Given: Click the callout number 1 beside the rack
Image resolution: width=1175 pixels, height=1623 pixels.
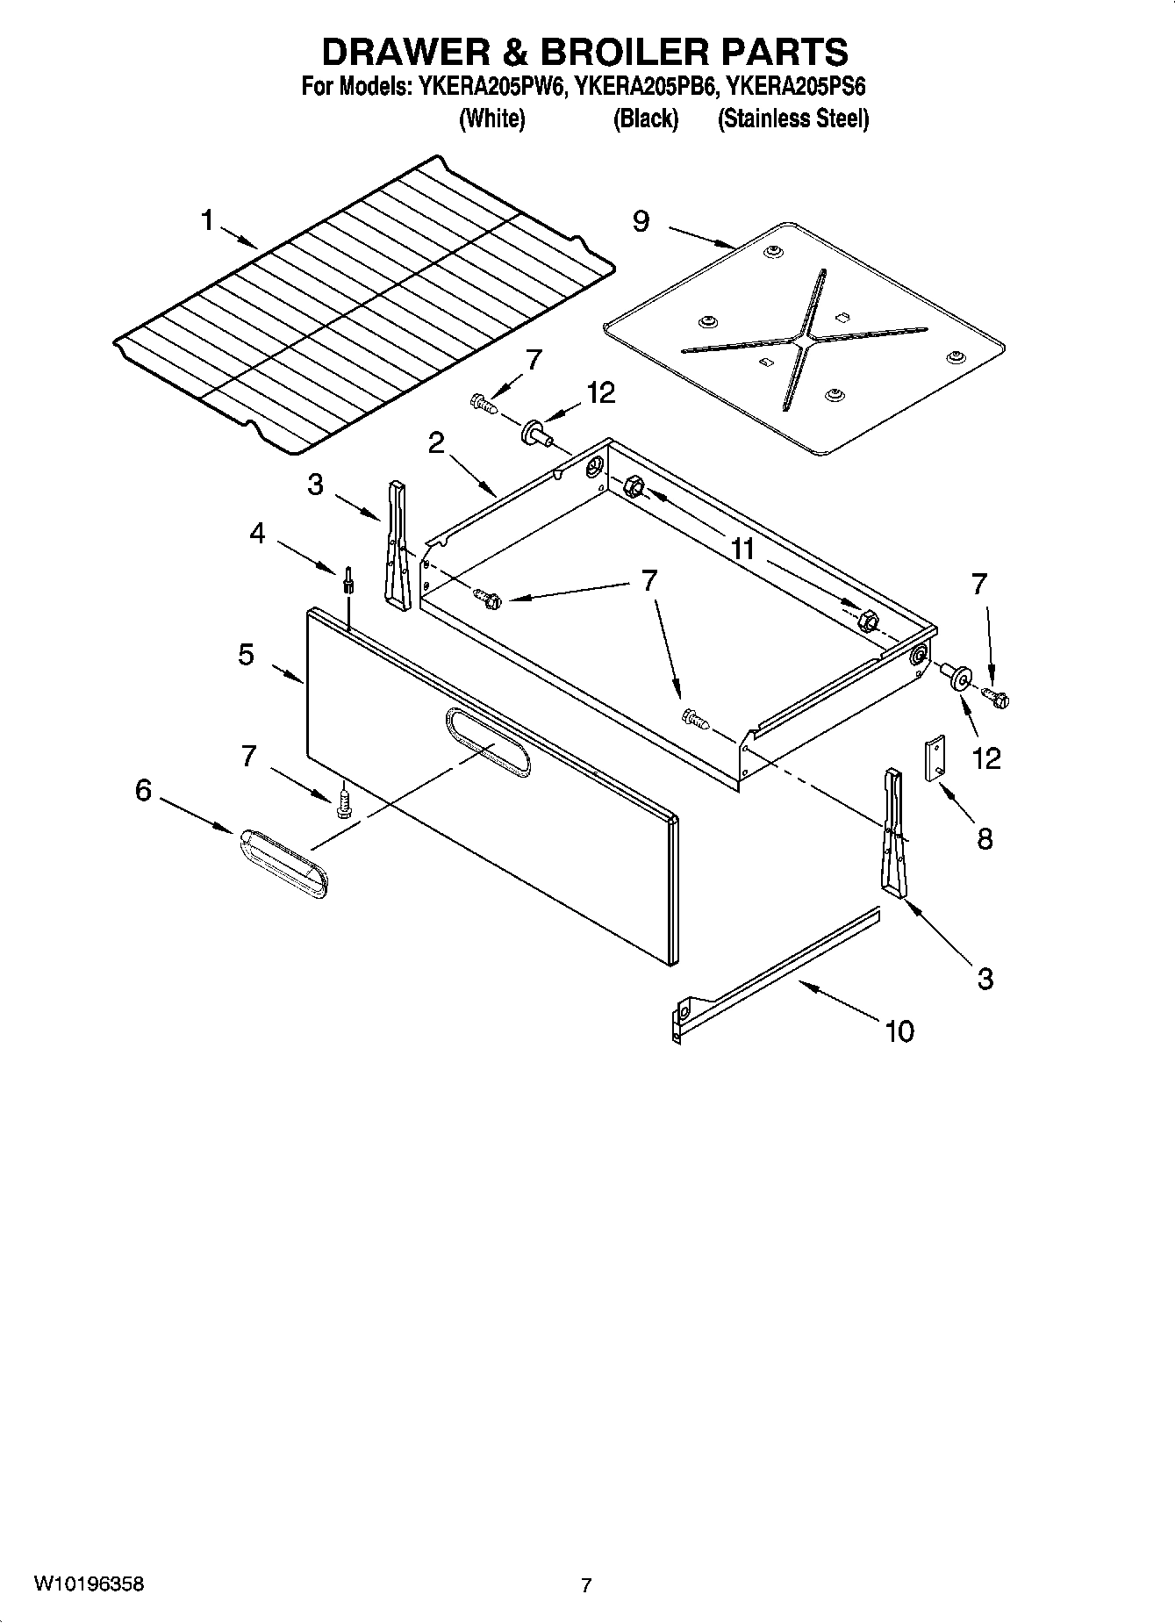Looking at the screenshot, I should click(207, 220).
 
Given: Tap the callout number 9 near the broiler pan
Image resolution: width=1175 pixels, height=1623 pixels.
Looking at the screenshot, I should click(641, 221).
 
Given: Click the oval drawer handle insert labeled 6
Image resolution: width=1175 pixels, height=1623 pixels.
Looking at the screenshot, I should click(283, 863).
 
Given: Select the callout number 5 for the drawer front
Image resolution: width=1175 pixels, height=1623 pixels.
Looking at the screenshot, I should click(247, 655).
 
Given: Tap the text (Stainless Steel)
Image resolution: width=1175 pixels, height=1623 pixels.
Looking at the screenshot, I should click(792, 118).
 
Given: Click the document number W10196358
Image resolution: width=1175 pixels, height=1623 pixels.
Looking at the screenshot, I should click(89, 1584).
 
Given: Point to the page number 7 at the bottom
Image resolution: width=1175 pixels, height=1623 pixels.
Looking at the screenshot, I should click(586, 1585).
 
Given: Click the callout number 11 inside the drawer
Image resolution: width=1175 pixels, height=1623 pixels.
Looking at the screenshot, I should click(742, 549).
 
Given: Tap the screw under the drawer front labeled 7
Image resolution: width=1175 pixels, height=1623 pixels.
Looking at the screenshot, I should click(344, 802).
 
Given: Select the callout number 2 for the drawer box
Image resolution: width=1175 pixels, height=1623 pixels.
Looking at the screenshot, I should click(436, 443).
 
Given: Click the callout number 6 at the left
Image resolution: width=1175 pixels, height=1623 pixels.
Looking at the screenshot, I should click(143, 791).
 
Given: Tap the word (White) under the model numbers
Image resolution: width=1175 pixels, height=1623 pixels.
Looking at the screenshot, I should click(491, 118).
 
